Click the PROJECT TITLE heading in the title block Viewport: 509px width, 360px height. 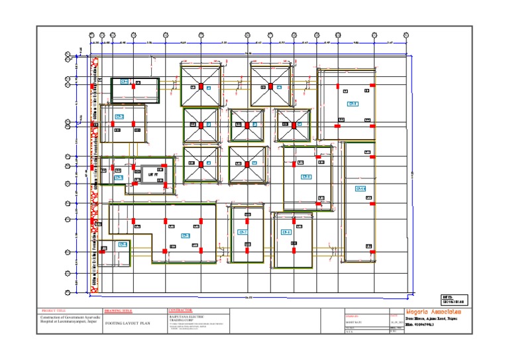coord(54,310)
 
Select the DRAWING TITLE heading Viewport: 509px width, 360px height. coord(119,310)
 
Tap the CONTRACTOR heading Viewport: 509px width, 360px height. coord(181,310)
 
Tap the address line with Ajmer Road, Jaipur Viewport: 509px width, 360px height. coord(433,320)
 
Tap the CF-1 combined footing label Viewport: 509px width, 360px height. coord(124,82)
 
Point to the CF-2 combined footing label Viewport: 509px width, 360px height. coord(120,117)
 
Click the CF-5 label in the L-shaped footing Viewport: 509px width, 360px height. coord(186,236)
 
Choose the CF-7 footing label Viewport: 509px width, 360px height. coord(243,233)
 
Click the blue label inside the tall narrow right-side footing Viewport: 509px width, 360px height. coord(361,190)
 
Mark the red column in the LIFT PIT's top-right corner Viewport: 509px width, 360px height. coord(164,166)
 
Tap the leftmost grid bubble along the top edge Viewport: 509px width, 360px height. coord(91,35)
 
